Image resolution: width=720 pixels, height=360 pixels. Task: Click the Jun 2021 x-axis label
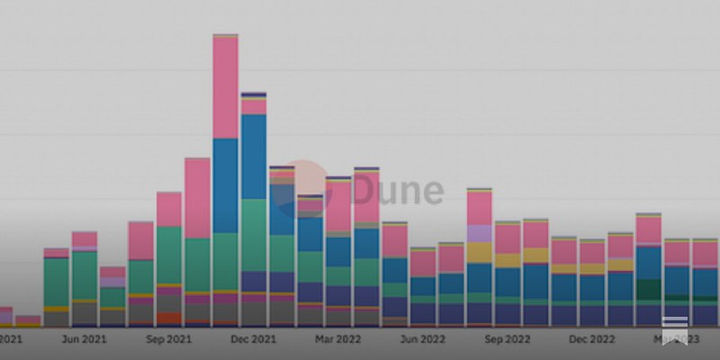tap(84, 339)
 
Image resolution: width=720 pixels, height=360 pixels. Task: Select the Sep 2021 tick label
tap(168, 339)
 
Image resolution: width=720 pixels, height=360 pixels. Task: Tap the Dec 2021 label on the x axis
tap(253, 339)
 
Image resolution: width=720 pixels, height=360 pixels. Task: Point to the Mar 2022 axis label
tap(337, 339)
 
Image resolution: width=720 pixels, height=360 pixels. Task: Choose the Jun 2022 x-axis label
tap(422, 339)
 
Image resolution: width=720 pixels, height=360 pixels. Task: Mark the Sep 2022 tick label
tap(507, 339)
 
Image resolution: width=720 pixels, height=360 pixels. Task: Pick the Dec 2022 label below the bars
tap(591, 339)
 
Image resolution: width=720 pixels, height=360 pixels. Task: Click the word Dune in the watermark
tap(397, 191)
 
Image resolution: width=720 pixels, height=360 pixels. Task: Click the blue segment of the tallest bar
tap(225, 185)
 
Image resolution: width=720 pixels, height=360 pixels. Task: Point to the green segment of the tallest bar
tap(225, 261)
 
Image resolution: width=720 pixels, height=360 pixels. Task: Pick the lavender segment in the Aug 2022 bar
tap(479, 233)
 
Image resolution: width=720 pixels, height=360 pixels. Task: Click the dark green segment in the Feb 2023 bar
tap(648, 290)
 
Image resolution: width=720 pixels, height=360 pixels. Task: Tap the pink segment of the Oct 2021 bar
tap(197, 198)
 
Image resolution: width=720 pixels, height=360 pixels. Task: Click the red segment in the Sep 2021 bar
tap(168, 318)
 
